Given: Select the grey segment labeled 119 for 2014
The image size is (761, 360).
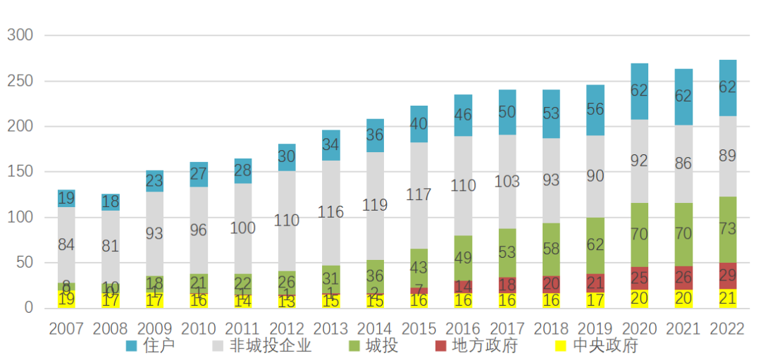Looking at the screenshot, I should tap(375, 206).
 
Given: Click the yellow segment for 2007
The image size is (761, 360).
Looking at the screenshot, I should tap(66, 299).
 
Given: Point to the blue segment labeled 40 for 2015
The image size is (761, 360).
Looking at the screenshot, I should tap(419, 124).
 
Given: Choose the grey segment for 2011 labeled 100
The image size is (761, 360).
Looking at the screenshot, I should tap(242, 228).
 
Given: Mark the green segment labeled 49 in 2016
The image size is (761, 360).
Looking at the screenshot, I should tap(462, 258).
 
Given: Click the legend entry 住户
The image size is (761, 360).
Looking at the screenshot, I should tap(150, 345).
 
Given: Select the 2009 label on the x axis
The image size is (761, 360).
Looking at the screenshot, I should tap(154, 329).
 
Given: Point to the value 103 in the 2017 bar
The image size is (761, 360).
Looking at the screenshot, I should tap(507, 181).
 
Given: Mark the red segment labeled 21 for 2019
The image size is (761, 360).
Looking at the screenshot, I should tap(595, 283).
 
